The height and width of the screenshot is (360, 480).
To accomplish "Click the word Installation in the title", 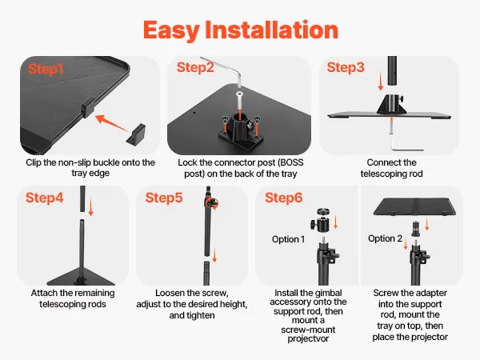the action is click(x=271, y=30).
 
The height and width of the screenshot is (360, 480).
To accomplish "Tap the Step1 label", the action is click(x=46, y=69).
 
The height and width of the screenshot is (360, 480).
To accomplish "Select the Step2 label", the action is click(x=195, y=68).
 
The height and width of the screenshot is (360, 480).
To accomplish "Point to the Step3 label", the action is click(x=346, y=68).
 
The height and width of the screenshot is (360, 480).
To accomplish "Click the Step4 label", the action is click(x=44, y=198).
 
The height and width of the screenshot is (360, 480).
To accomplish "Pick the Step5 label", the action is click(x=164, y=198).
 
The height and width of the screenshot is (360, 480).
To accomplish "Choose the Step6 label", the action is click(x=284, y=198).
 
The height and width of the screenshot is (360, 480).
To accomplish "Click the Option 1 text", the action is click(x=288, y=239).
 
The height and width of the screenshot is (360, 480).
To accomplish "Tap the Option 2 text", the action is click(x=385, y=238).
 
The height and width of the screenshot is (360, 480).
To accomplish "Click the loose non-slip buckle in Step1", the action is click(x=136, y=134).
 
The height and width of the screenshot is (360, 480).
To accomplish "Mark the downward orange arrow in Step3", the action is click(x=381, y=81).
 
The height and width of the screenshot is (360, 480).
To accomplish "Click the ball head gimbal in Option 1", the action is click(x=322, y=221).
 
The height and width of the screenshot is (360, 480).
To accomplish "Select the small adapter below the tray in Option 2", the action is click(x=415, y=229).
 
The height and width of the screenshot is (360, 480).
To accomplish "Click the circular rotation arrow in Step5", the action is click(x=212, y=203).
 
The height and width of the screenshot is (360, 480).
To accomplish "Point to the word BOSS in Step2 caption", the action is click(x=290, y=162).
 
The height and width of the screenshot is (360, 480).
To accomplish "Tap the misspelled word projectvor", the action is click(x=308, y=339).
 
